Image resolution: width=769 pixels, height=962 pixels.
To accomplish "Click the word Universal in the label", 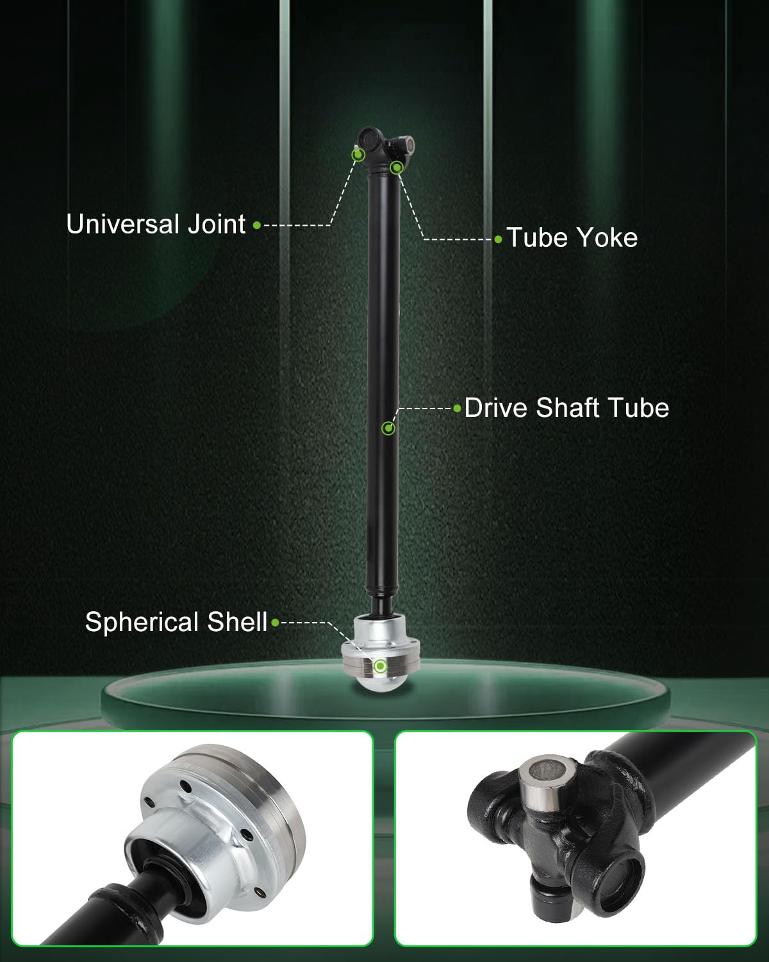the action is (x=122, y=224).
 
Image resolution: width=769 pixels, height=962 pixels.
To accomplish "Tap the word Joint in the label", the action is (x=216, y=224).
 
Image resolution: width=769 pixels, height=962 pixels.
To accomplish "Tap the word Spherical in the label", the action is (x=142, y=623).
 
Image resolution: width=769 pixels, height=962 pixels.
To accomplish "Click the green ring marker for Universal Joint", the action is (x=358, y=155).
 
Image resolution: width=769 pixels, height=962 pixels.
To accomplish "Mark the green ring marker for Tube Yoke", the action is (x=397, y=168).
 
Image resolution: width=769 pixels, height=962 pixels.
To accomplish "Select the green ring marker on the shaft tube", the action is (x=388, y=428).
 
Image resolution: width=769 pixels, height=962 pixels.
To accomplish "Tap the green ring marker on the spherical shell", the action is (x=380, y=666).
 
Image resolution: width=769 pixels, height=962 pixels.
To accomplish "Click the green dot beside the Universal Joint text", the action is (x=256, y=225).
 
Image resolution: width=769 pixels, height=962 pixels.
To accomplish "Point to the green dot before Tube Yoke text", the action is (x=499, y=240).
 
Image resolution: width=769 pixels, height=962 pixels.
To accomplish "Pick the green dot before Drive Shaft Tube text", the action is (x=457, y=409).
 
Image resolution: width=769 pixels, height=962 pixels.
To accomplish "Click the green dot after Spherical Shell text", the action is (x=276, y=623).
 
